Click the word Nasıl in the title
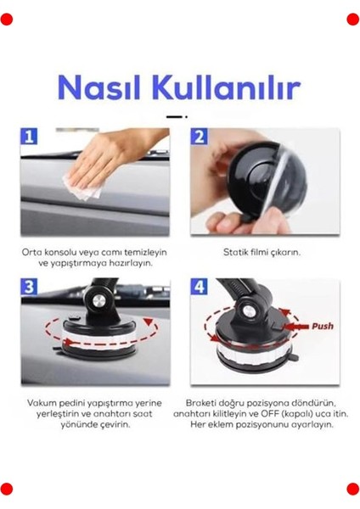pyautogui.click(x=98, y=87)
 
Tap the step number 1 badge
pyautogui.click(x=30, y=138)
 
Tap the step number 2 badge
pyautogui.click(x=200, y=138)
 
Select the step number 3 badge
pyautogui.click(x=30, y=288)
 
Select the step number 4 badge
pyautogui.click(x=200, y=288)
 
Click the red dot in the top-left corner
pyautogui.click(x=7, y=19)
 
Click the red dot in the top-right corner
pyautogui.click(x=352, y=19)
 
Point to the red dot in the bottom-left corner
pyautogui.click(x=7, y=488)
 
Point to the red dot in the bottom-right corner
pyautogui.click(x=352, y=488)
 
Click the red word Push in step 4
pyautogui.click(x=323, y=326)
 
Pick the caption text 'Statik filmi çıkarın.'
pyautogui.click(x=263, y=252)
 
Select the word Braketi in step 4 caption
pyautogui.click(x=204, y=402)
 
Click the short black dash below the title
pyautogui.click(x=174, y=115)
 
